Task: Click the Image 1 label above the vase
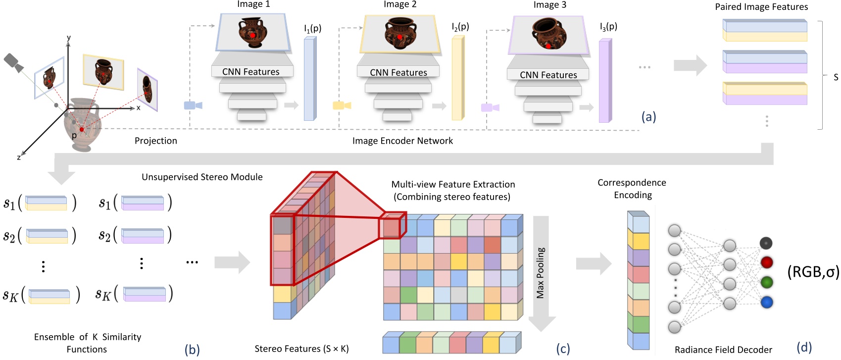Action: [253, 4]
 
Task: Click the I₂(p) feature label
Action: [460, 27]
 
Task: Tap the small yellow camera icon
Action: [342, 105]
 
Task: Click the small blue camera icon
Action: [193, 105]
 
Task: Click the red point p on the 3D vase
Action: [82, 129]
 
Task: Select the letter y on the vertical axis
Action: [69, 38]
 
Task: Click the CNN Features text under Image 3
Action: [548, 75]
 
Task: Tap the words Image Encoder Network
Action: [402, 141]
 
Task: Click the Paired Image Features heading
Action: [761, 7]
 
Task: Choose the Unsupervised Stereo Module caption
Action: [202, 177]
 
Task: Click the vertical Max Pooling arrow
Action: [541, 272]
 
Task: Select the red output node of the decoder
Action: [766, 262]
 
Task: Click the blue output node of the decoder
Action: [766, 302]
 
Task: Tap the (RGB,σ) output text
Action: [813, 272]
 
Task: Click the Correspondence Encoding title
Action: [632, 189]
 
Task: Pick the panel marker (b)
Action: [192, 350]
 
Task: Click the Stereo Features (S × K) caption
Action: [301, 349]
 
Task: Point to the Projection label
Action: [155, 141]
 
